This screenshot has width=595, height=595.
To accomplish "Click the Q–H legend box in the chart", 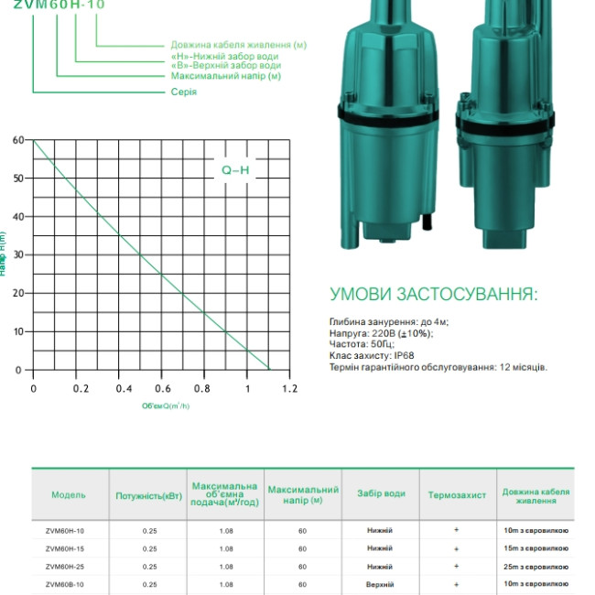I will (x=235, y=169).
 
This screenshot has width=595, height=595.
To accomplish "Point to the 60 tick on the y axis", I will (x=17, y=140).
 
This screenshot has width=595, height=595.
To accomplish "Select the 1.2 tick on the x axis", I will (x=290, y=389).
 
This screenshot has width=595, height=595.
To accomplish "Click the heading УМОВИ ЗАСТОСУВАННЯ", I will (x=434, y=295).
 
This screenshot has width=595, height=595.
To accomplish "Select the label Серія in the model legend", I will (x=183, y=92).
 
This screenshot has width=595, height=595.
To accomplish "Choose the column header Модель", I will (x=69, y=495).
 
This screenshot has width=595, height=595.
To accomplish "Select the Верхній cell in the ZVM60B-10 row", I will (x=380, y=584).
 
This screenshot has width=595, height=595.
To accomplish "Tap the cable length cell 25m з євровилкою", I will (x=536, y=567).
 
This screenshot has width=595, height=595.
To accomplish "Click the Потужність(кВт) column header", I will (x=148, y=495).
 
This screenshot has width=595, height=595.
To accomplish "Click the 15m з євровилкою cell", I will (x=536, y=548).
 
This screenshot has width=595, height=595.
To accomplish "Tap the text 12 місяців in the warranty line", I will (x=523, y=367).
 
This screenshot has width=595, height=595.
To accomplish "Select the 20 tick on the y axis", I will (x=17, y=293).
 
